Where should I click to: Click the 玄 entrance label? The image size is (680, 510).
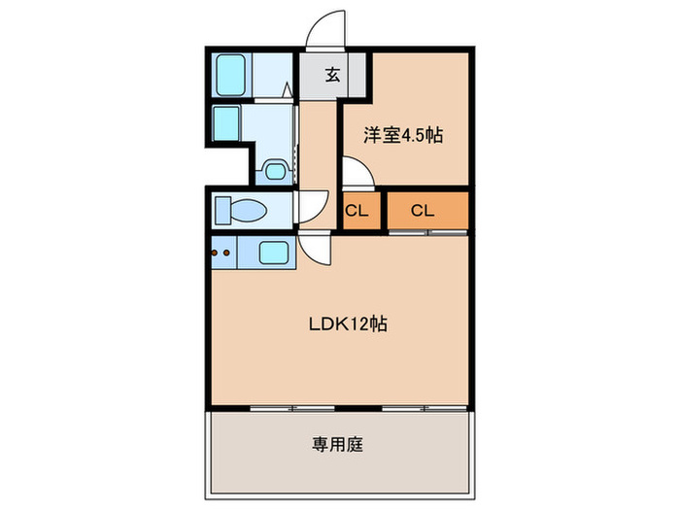[x=332, y=75]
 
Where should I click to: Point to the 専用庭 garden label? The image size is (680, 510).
[x=337, y=445]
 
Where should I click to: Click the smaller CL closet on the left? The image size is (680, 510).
[x=357, y=211]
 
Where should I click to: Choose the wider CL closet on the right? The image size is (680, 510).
[x=422, y=211]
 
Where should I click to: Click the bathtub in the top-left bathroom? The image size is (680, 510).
[x=229, y=75]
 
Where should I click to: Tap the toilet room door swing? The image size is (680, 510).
[x=313, y=207]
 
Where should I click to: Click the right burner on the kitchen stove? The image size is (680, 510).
[x=227, y=255]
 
